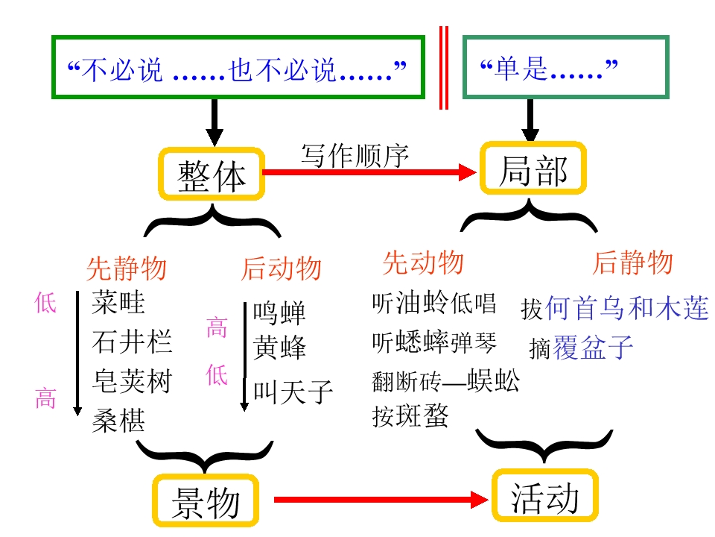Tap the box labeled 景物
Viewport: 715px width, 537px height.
click(206, 500)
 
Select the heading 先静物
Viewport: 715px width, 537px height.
click(126, 267)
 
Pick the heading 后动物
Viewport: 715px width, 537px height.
click(280, 268)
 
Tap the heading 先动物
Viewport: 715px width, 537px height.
click(422, 263)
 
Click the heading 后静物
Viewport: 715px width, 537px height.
click(632, 263)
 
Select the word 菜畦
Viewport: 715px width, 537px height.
click(118, 303)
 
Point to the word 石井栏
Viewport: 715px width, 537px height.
click(132, 342)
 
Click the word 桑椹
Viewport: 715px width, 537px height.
click(118, 421)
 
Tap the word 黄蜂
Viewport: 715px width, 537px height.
click(279, 348)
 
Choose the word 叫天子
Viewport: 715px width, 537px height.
click(293, 392)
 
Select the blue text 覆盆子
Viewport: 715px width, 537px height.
click(593, 348)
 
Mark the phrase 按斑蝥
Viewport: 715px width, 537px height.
click(410, 416)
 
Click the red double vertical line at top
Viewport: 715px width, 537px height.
click(444, 67)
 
